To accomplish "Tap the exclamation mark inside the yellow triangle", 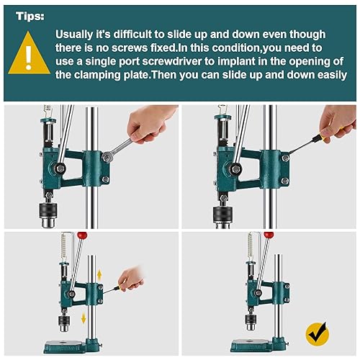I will point(28,59).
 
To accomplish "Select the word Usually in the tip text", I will point(80,34).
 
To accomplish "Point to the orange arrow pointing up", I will point(100,274).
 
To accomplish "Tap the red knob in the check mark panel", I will point(269,235).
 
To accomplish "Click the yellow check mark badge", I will point(316,333).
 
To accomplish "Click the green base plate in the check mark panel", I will point(252,344).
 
